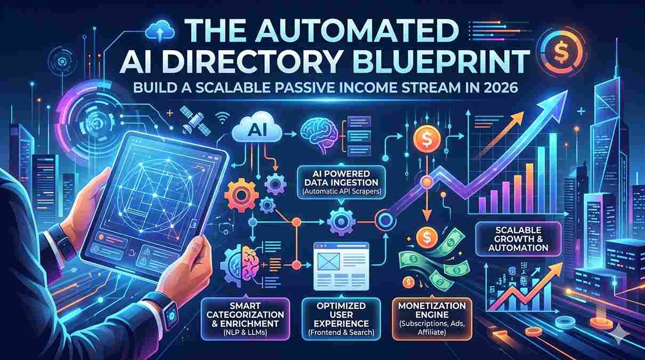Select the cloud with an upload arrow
160,31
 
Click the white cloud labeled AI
257,130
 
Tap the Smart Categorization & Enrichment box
245,319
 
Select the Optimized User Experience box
341,319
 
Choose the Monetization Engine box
432,319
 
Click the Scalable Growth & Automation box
518,239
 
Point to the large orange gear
241,196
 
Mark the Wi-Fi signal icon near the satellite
222,117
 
